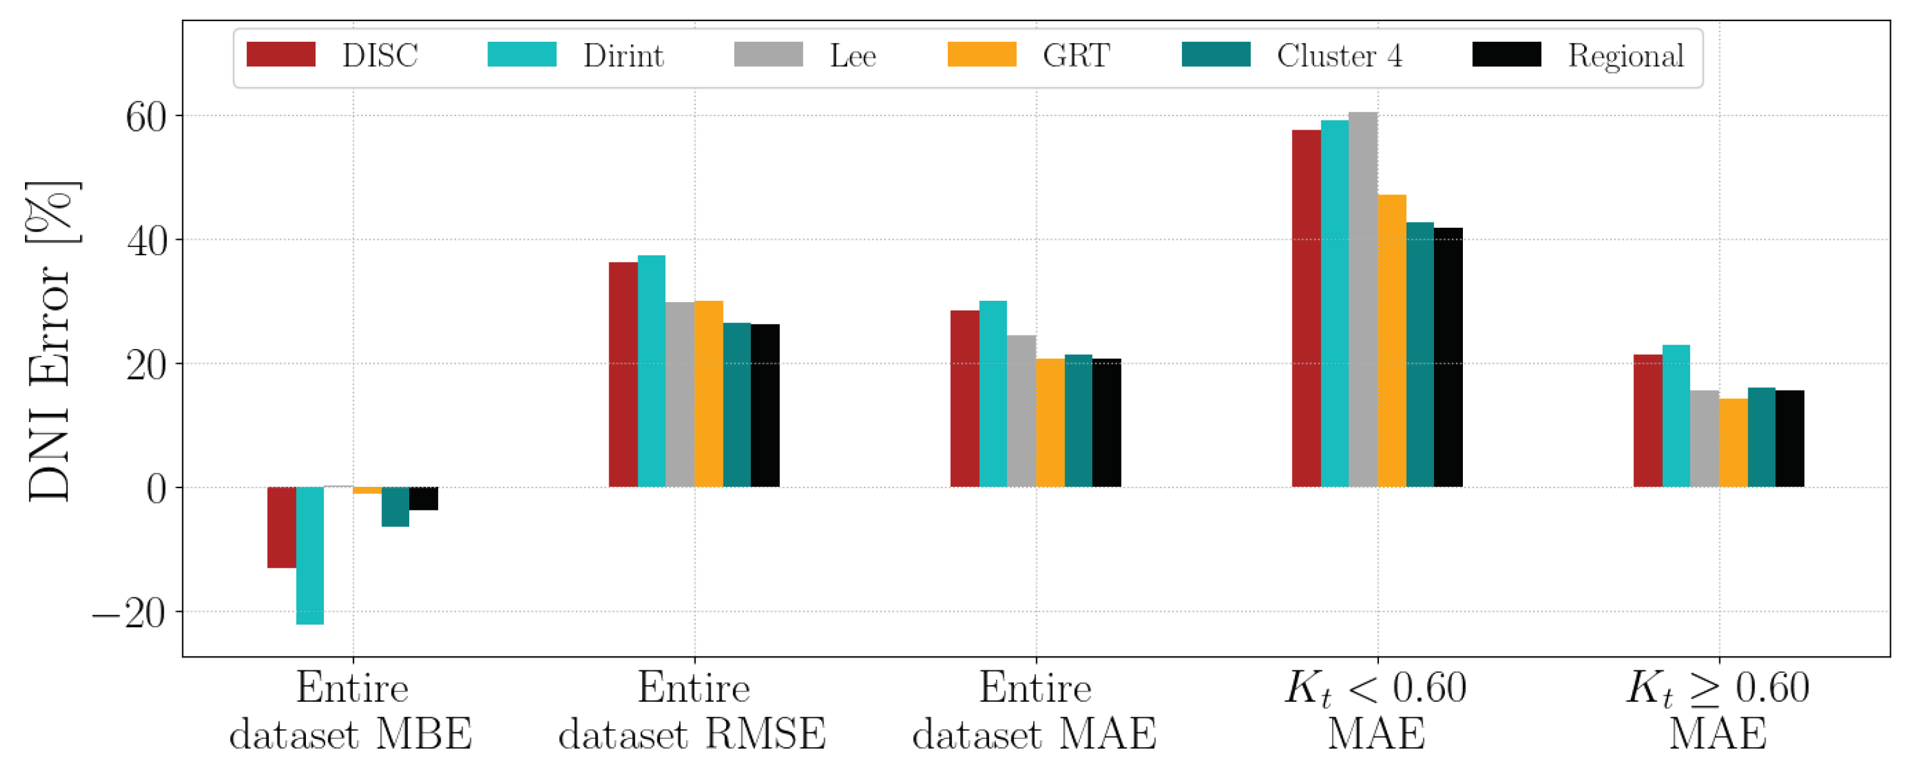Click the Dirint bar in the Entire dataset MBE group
click(x=310, y=555)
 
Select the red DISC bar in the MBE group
click(x=282, y=527)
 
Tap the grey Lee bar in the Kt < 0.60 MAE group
click(x=1363, y=300)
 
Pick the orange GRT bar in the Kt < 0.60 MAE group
click(x=1392, y=341)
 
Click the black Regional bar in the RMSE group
click(x=765, y=406)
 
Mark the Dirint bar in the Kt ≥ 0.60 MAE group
click(x=1676, y=416)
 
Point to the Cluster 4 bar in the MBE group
click(x=395, y=507)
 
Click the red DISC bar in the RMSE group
click(x=623, y=375)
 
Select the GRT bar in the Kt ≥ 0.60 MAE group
click(x=1733, y=443)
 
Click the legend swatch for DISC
click(x=281, y=55)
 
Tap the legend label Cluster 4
click(x=1339, y=56)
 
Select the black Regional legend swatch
click(x=1507, y=55)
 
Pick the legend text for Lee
click(x=852, y=56)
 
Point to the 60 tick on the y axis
click(x=146, y=117)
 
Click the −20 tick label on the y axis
click(x=130, y=613)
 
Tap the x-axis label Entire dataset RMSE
click(x=693, y=711)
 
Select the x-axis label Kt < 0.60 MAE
click(x=1376, y=711)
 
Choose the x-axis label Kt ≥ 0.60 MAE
click(x=1718, y=711)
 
